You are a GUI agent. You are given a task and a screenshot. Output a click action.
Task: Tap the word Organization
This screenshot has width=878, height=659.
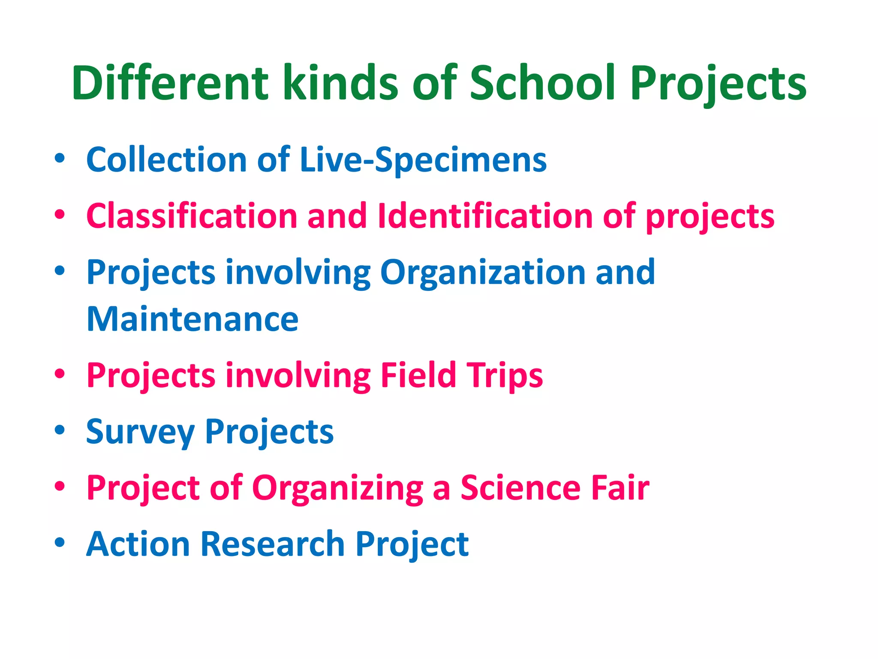pyautogui.click(x=483, y=272)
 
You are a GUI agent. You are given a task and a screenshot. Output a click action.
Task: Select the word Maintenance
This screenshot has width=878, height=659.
pyautogui.click(x=192, y=320)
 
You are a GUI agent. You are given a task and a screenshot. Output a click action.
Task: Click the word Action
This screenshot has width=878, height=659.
pyautogui.click(x=138, y=544)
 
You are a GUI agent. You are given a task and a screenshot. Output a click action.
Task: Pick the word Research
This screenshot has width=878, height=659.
pyautogui.click(x=273, y=544)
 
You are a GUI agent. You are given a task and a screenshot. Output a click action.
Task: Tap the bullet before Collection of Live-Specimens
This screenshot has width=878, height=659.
pyautogui.click(x=60, y=158)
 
